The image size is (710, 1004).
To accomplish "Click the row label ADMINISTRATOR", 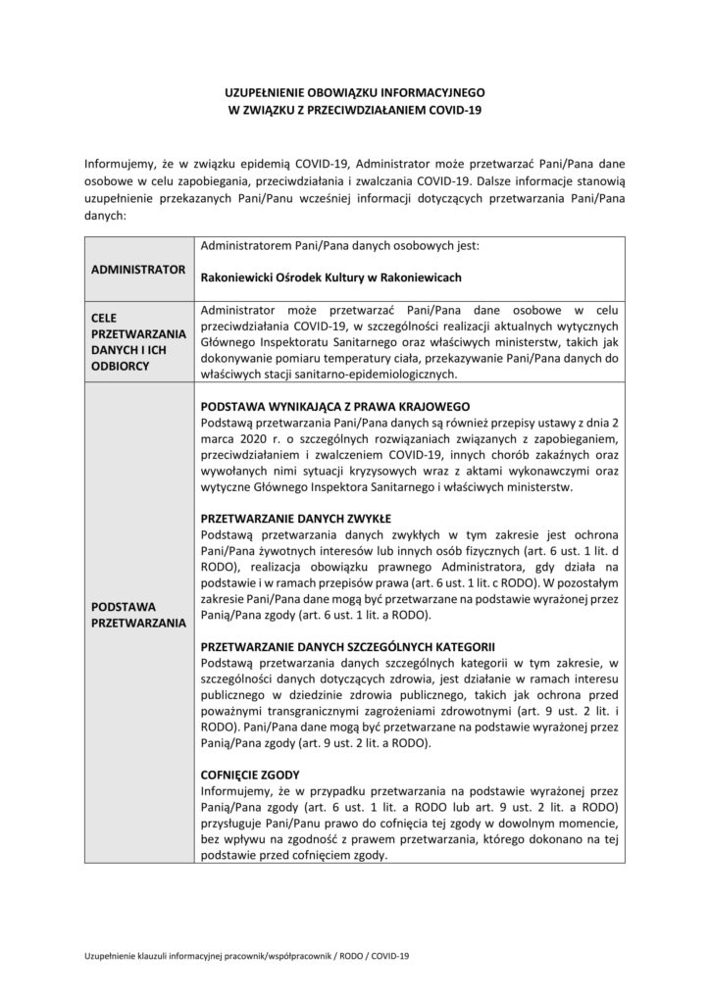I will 139,268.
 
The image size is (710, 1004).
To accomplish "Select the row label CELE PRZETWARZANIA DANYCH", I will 139,340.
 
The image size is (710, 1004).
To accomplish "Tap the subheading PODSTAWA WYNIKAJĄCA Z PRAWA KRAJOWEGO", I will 336,406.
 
